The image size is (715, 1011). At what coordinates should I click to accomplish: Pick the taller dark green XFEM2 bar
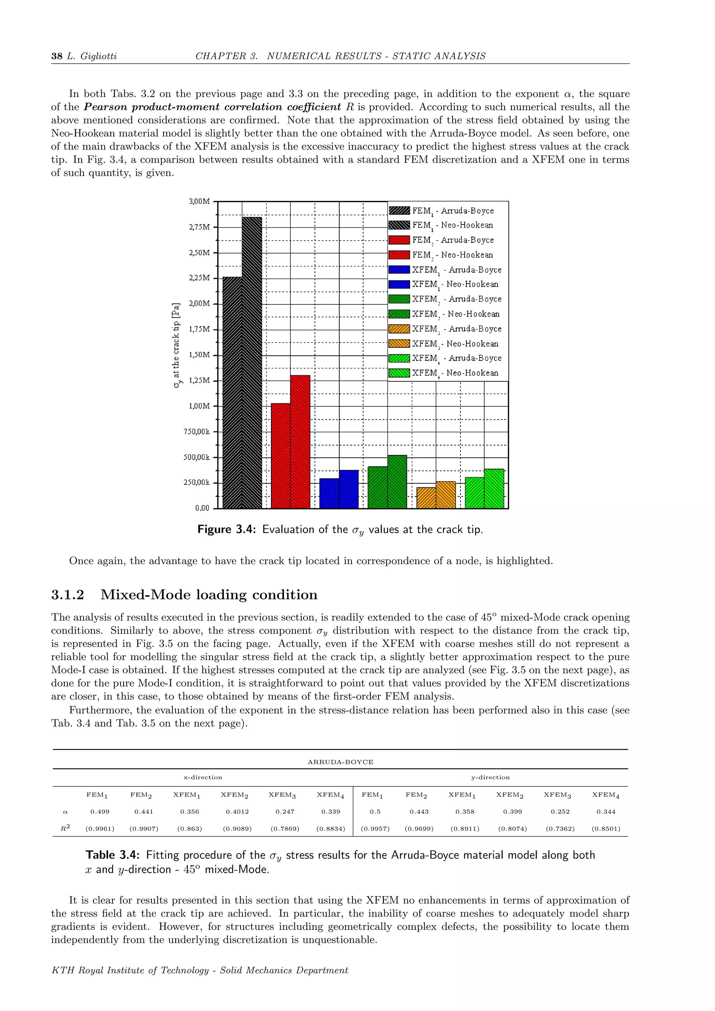point(397,482)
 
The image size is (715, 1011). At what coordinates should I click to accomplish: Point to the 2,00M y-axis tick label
point(199,303)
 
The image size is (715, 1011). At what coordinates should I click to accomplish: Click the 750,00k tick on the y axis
point(197,431)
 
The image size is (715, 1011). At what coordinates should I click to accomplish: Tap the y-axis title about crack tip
point(177,345)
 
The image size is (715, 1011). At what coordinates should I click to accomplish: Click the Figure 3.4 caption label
point(226,529)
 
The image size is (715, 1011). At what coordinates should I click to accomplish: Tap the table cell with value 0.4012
point(237,812)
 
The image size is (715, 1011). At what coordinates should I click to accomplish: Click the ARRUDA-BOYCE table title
point(340,762)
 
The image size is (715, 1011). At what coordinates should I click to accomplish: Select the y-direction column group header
point(490,777)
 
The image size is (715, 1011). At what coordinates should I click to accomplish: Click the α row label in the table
point(65,812)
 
